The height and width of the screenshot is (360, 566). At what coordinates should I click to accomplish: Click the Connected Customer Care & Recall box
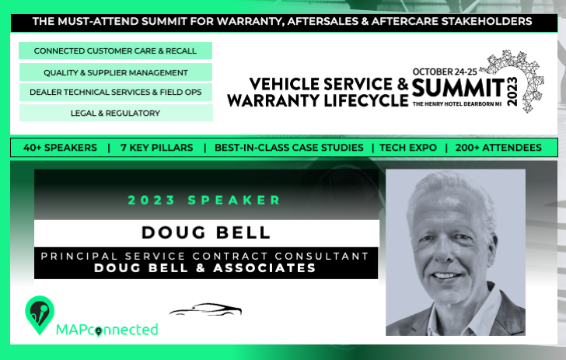pyautogui.click(x=115, y=51)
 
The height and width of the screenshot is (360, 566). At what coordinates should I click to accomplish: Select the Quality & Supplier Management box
pyautogui.click(x=116, y=72)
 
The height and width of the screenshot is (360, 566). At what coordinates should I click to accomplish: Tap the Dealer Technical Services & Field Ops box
pyautogui.click(x=116, y=92)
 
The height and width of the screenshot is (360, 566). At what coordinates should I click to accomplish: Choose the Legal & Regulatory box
pyautogui.click(x=116, y=113)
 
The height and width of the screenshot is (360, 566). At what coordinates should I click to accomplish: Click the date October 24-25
pyautogui.click(x=445, y=72)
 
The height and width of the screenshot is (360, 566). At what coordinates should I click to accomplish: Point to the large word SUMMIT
pyautogui.click(x=458, y=88)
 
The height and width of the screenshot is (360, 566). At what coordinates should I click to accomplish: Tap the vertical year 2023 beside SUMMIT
pyautogui.click(x=512, y=91)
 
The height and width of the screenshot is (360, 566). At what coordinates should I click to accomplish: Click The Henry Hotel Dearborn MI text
pyautogui.click(x=457, y=104)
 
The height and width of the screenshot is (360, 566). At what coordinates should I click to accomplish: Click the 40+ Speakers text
pyautogui.click(x=60, y=148)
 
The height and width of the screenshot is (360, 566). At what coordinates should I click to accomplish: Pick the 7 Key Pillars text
pyautogui.click(x=157, y=148)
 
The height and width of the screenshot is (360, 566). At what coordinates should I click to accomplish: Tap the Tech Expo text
pyautogui.click(x=408, y=148)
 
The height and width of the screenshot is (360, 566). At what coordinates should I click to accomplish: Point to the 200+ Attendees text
pyautogui.click(x=498, y=148)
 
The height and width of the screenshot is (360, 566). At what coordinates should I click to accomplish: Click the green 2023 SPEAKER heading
pyautogui.click(x=204, y=200)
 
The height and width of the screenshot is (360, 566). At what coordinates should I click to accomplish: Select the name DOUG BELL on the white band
pyautogui.click(x=206, y=232)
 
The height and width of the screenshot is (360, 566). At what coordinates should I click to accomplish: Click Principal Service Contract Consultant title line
pyautogui.click(x=204, y=256)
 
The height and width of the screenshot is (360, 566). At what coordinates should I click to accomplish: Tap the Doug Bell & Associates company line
pyautogui.click(x=205, y=268)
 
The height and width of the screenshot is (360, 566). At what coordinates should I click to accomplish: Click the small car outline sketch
pyautogui.click(x=205, y=309)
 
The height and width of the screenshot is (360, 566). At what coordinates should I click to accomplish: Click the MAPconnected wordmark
pyautogui.click(x=107, y=330)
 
